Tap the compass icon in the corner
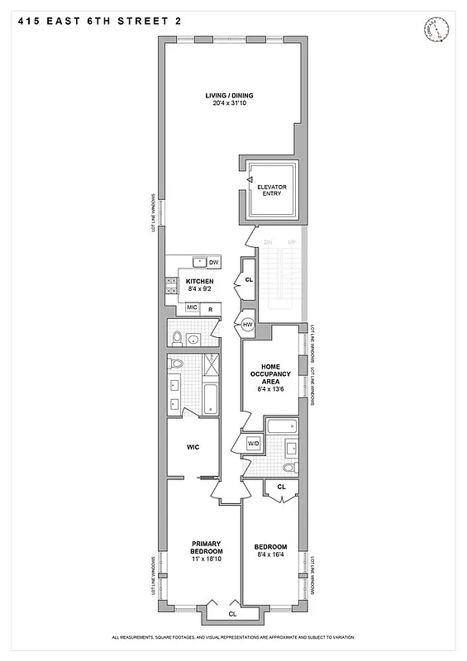point(434,31)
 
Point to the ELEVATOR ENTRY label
point(272,190)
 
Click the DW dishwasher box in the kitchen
point(213,262)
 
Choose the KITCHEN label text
point(199,282)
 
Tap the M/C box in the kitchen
point(192,308)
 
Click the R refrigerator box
point(211,308)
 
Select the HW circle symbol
point(246,325)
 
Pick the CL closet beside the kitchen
point(249,280)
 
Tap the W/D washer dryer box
point(253,444)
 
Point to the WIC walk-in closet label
point(193,447)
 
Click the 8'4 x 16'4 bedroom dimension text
point(270,555)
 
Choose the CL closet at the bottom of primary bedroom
point(232,614)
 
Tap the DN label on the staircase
point(268,242)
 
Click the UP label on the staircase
point(290,242)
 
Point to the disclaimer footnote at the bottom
point(232,637)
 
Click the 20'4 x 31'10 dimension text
point(226,103)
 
